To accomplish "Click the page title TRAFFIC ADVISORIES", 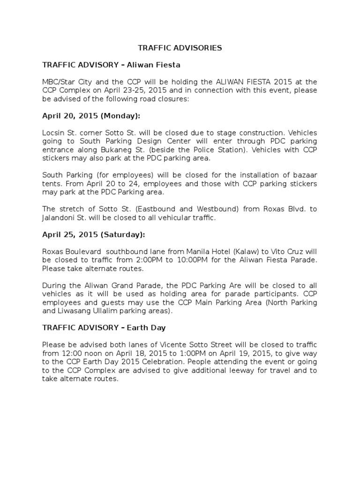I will [180, 48].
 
